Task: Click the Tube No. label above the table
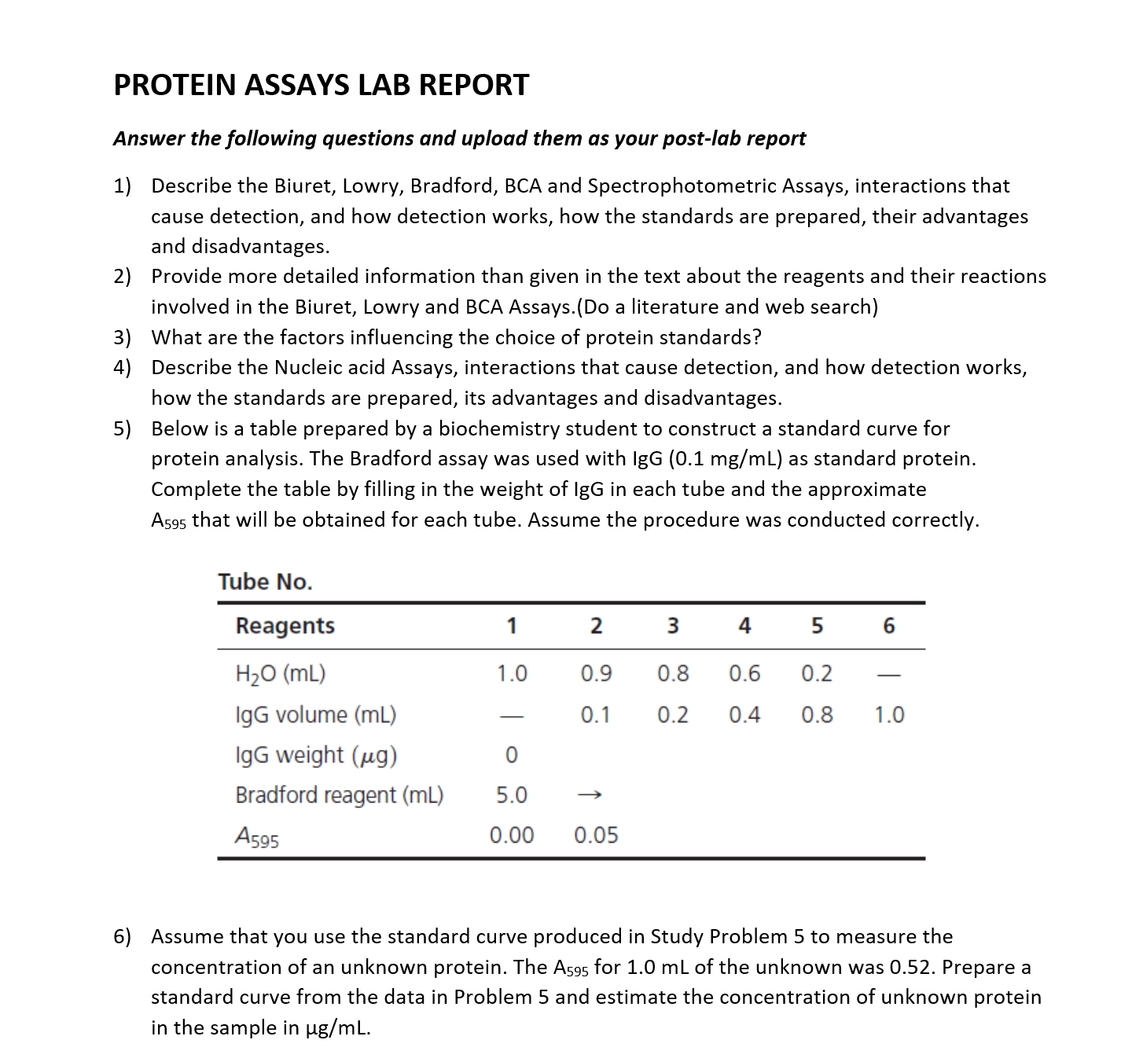[x=265, y=582]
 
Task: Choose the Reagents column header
[x=285, y=626]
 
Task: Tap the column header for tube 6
[x=888, y=626]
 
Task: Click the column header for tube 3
[x=672, y=626]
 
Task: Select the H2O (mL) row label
[x=281, y=674]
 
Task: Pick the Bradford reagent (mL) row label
[x=339, y=795]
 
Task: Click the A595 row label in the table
[x=257, y=836]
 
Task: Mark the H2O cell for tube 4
[x=744, y=674]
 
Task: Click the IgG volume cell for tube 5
[x=817, y=715]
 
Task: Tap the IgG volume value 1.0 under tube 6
[x=889, y=715]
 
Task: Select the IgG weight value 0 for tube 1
[x=511, y=755]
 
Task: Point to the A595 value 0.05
[x=596, y=835]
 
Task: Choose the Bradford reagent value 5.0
[x=511, y=795]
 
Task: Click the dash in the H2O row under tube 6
[x=889, y=674]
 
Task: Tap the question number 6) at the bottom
[x=123, y=936]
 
